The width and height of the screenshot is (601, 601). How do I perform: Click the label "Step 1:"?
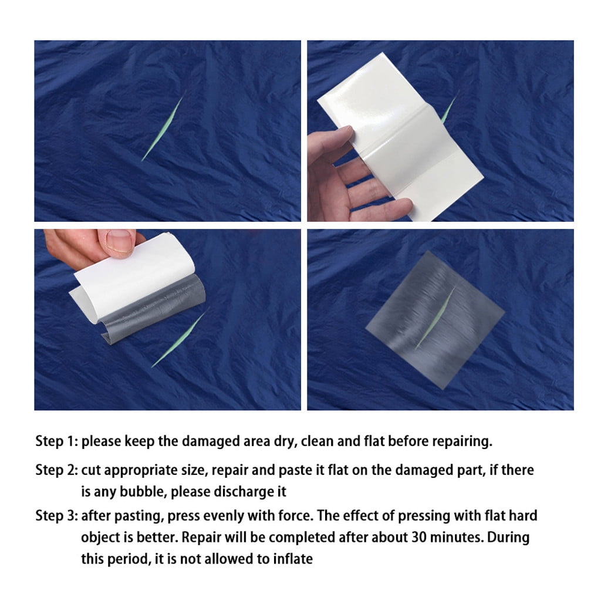coord(56,441)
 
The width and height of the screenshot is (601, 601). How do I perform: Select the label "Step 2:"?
coord(56,470)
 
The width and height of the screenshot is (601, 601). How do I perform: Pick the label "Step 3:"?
coord(56,516)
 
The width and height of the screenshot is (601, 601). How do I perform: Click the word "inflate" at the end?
coord(293,559)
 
